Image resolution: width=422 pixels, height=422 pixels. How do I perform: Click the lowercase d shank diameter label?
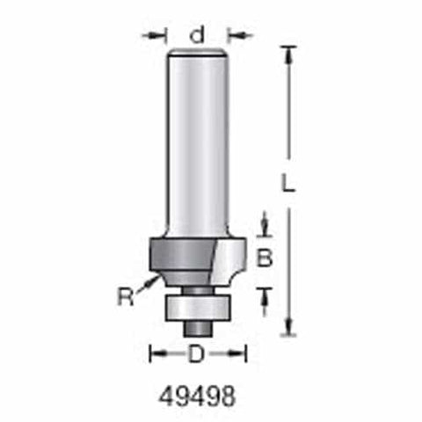[x=197, y=35]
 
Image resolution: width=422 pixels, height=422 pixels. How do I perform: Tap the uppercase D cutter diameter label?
[x=196, y=353]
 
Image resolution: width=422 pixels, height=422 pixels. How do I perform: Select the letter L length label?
[x=287, y=183]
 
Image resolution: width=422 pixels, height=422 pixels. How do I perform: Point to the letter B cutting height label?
[x=265, y=258]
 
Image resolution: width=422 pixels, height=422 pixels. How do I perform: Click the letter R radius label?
[x=126, y=296]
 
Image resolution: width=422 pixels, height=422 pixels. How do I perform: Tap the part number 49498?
[x=197, y=397]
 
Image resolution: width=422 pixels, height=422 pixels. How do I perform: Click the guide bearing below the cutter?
[x=197, y=308]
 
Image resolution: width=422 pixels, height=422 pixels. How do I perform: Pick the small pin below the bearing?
[x=198, y=329]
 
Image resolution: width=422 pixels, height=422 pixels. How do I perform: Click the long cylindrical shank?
[x=197, y=141]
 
